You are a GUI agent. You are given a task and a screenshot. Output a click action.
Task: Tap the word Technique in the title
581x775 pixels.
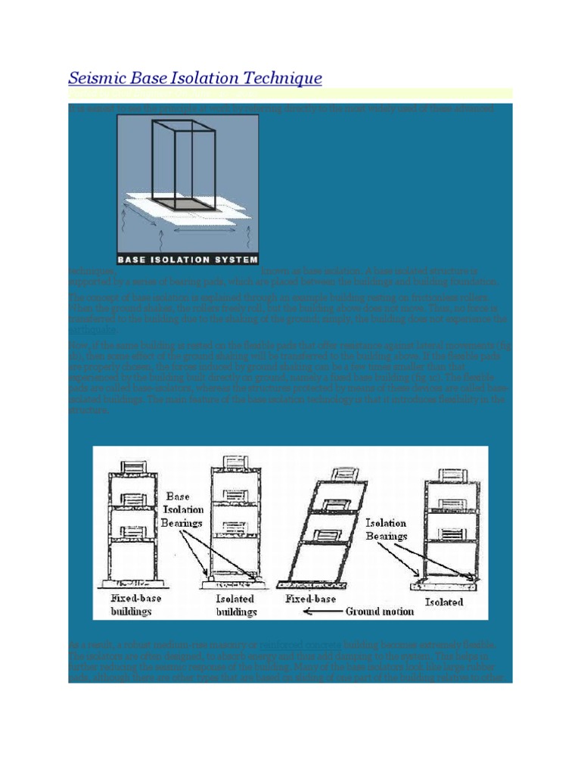(x=285, y=78)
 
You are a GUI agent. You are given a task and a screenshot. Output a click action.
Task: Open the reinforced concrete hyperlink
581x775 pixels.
(x=293, y=644)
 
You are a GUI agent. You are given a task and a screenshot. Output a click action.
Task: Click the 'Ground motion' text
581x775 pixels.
(x=379, y=610)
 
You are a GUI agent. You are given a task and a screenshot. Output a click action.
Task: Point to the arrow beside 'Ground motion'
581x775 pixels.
(x=324, y=611)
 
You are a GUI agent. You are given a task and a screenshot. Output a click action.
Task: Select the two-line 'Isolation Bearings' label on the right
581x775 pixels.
(x=386, y=529)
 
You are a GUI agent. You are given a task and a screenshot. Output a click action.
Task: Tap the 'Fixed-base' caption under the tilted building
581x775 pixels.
(x=306, y=598)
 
